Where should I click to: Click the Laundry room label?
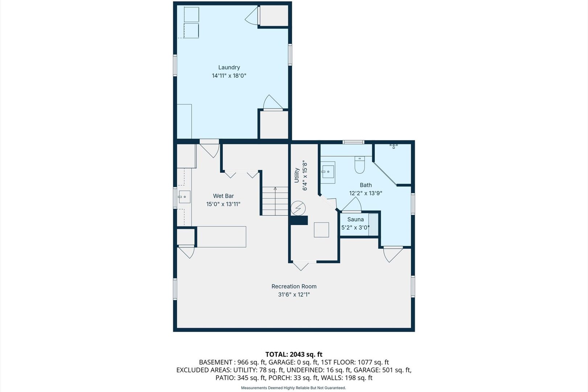[229, 68]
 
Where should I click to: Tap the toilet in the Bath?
[359, 165]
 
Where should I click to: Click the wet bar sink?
[184, 197]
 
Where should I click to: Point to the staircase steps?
[275, 201]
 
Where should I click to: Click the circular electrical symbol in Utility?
[298, 208]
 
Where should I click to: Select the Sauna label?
[355, 220]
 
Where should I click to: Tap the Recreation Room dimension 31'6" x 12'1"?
[294, 295]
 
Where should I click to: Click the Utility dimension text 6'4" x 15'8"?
[305, 175]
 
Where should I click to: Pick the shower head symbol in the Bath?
[393, 146]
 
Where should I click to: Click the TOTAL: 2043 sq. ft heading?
[294, 355]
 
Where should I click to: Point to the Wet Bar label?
[223, 196]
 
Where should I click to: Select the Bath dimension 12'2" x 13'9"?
[366, 193]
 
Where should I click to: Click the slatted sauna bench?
[373, 224]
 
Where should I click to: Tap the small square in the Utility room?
[322, 230]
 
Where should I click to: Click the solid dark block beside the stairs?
[299, 220]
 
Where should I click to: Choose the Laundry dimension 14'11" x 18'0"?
[229, 76]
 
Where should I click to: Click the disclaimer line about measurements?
[294, 388]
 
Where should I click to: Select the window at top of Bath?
[353, 142]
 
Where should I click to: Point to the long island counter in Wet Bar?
[221, 237]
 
